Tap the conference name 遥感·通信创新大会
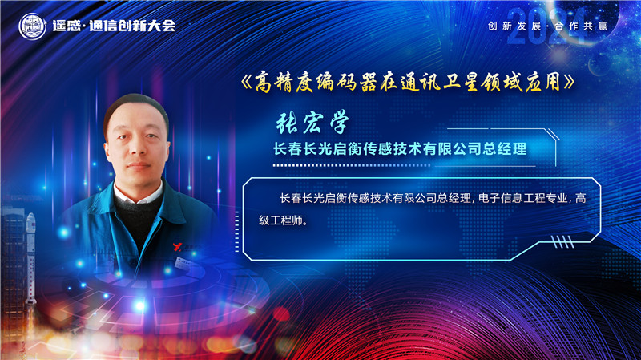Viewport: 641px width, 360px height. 112,26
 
